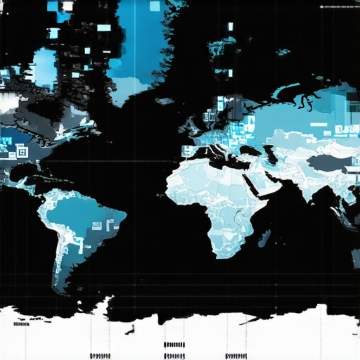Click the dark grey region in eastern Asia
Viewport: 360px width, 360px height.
(329, 163)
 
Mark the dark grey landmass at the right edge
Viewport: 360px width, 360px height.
(352, 211)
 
